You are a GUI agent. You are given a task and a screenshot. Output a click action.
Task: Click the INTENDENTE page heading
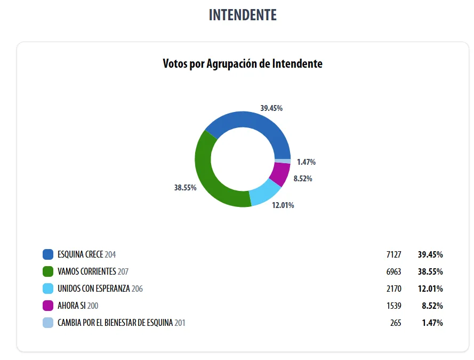coord(243,15)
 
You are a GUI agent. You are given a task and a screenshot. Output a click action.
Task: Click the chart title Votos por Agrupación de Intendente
coord(243,64)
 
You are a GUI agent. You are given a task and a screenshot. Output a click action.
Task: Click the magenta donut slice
coord(280,173)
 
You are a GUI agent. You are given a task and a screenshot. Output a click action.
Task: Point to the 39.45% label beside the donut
coord(271,108)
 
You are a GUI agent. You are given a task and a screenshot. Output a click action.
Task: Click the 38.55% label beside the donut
coord(185,188)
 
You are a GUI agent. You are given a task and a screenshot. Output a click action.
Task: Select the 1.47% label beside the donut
coord(307,162)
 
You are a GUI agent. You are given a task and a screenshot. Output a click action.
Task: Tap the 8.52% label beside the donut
coord(303,179)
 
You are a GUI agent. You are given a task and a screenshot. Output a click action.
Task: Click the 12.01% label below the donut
coord(283,205)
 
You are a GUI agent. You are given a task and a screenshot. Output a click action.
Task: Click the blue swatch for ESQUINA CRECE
coord(48,254)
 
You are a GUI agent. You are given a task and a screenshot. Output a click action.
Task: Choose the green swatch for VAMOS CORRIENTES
coord(48,271)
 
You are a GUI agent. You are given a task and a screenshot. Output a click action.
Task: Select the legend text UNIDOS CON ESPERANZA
coord(94,289)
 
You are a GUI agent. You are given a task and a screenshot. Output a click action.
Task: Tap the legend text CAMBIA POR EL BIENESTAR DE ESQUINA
coord(115,323)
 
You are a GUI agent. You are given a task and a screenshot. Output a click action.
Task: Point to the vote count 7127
coord(393,254)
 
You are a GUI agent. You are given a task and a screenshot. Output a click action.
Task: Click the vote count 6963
coord(393,271)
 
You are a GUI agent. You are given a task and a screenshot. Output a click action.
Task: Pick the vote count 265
coord(395,323)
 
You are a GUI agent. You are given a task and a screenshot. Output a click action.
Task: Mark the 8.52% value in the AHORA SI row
coord(432,306)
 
